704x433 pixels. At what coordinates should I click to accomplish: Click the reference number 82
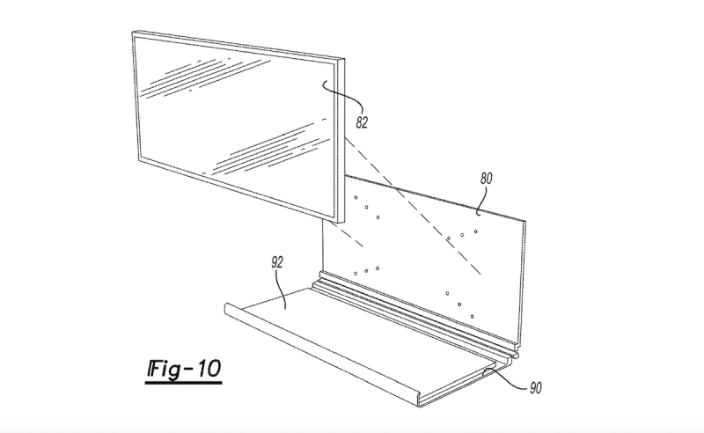362,122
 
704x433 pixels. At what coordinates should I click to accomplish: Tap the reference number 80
486,179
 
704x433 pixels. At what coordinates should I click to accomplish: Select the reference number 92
277,262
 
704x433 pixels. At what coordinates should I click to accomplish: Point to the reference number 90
535,387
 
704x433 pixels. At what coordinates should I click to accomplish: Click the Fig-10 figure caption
184,369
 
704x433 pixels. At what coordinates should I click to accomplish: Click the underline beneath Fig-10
183,383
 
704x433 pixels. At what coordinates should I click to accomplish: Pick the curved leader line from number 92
282,290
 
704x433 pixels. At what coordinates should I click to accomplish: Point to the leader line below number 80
481,200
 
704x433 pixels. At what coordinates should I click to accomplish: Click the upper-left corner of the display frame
133,32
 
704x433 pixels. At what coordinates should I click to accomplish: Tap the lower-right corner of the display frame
343,223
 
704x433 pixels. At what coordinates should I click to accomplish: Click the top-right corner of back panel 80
525,221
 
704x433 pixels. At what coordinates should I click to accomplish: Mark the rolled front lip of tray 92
322,355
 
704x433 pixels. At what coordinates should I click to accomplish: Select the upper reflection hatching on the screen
207,77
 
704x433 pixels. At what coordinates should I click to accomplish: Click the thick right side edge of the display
340,141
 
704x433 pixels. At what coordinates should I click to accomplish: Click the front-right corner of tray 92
422,404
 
